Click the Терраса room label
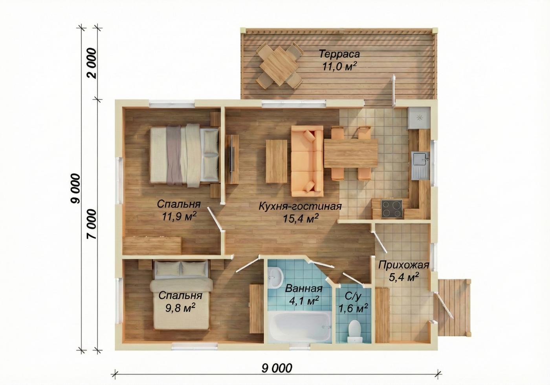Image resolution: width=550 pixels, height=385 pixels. pos(339,54)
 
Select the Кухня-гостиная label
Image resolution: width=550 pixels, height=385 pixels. pos(300,206)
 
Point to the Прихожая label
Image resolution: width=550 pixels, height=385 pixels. pos(404,265)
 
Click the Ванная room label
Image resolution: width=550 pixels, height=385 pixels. pos(303,288)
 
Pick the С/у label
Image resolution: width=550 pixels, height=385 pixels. pos(353,297)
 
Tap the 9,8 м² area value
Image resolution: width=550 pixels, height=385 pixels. pos(180,308)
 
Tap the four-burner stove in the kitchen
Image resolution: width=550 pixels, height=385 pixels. pos(392,208)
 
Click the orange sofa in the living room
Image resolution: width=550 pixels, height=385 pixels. pos(307,161)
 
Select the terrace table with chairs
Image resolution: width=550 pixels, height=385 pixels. pos(279,65)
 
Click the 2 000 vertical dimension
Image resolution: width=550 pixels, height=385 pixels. pos(92,63)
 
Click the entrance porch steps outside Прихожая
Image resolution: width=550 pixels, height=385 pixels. pos(452,307)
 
